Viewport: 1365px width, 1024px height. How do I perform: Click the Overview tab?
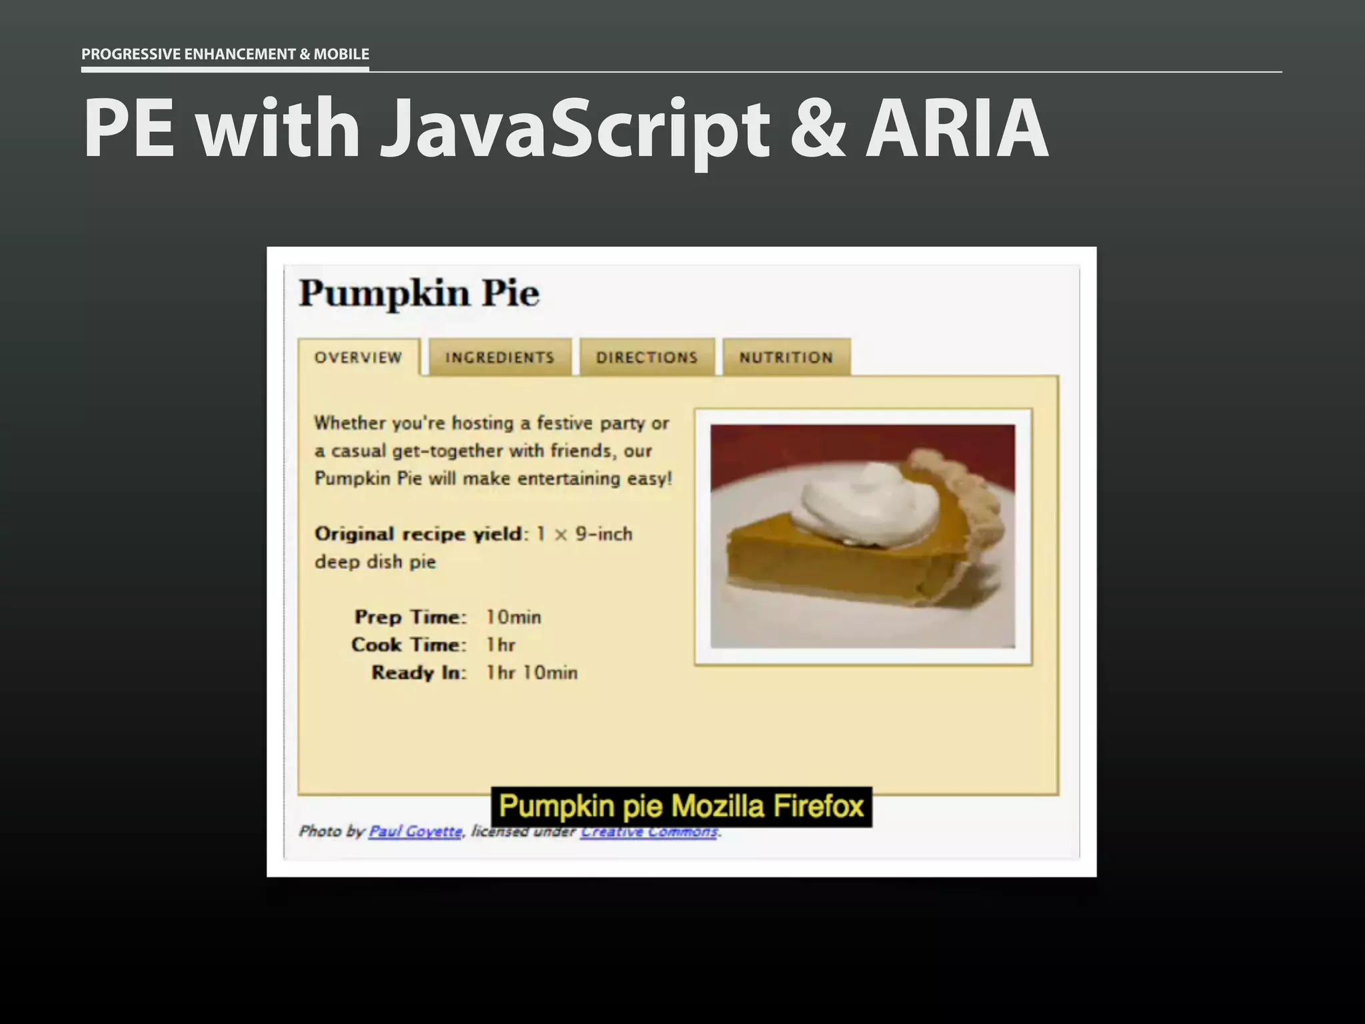[x=359, y=357]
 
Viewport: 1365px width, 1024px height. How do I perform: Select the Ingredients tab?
[x=500, y=357]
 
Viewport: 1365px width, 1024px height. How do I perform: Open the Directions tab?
[x=647, y=357]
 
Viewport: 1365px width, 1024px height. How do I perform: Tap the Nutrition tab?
[x=786, y=357]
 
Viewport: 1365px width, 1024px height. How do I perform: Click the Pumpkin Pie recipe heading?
[x=419, y=293]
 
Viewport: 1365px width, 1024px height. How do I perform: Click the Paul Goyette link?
[x=415, y=831]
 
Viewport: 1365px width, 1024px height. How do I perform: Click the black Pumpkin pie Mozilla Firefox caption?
[x=681, y=807]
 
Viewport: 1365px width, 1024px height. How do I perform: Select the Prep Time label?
[x=410, y=617]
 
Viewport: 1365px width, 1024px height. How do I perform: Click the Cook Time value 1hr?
[x=501, y=645]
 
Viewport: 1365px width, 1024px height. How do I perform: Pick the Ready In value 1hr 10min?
[x=531, y=673]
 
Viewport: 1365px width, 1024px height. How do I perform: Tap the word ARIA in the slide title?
[x=957, y=128]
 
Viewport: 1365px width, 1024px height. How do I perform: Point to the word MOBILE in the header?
[x=341, y=54]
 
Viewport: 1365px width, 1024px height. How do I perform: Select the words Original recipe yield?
[x=419, y=534]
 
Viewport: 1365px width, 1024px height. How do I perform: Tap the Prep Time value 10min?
[x=513, y=617]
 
